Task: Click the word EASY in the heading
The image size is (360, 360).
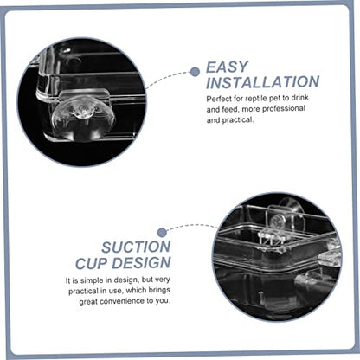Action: point(227,67)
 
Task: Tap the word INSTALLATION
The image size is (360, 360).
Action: point(263,82)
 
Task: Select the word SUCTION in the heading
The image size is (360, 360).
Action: point(136,247)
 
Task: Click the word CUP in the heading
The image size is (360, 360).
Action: point(91,263)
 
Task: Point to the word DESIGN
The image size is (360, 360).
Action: point(141,263)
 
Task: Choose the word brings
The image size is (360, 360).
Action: point(159,291)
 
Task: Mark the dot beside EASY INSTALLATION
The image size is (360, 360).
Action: point(195,72)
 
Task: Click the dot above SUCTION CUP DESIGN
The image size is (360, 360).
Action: point(163,233)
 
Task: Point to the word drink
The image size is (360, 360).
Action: point(299,98)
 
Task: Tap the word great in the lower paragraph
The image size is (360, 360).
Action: point(88,302)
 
